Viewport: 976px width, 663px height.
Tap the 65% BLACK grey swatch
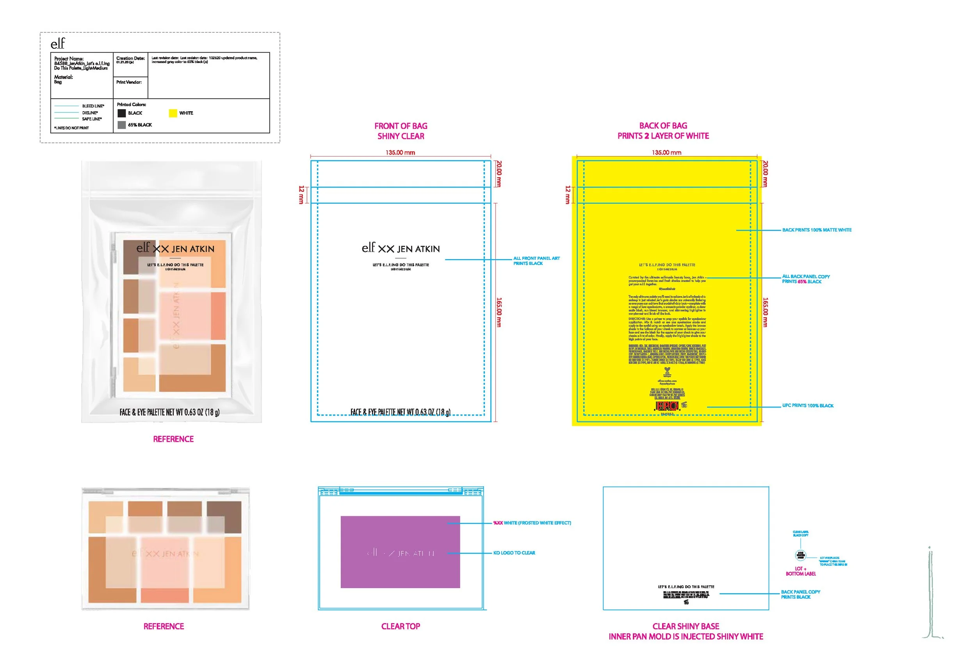click(x=122, y=125)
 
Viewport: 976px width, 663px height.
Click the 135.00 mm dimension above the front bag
click(x=400, y=153)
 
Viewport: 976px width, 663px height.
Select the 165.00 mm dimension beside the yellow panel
click(x=765, y=313)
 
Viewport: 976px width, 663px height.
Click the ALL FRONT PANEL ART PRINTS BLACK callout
click(x=536, y=261)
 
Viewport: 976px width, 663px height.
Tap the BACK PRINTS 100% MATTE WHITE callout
click(x=816, y=230)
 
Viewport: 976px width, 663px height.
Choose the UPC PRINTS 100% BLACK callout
click(x=808, y=406)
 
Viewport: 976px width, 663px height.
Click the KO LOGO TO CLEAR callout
click(x=514, y=553)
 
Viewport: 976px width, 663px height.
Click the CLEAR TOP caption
click(x=400, y=626)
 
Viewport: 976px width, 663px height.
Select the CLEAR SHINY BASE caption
click(x=686, y=626)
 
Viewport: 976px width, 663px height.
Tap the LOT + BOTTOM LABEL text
click(x=800, y=571)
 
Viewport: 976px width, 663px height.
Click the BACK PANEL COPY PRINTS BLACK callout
click(x=800, y=595)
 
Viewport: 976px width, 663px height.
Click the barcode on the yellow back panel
click(x=667, y=406)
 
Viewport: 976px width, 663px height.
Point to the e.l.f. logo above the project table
click(x=58, y=44)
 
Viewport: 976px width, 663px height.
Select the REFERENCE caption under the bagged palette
click(x=173, y=439)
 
